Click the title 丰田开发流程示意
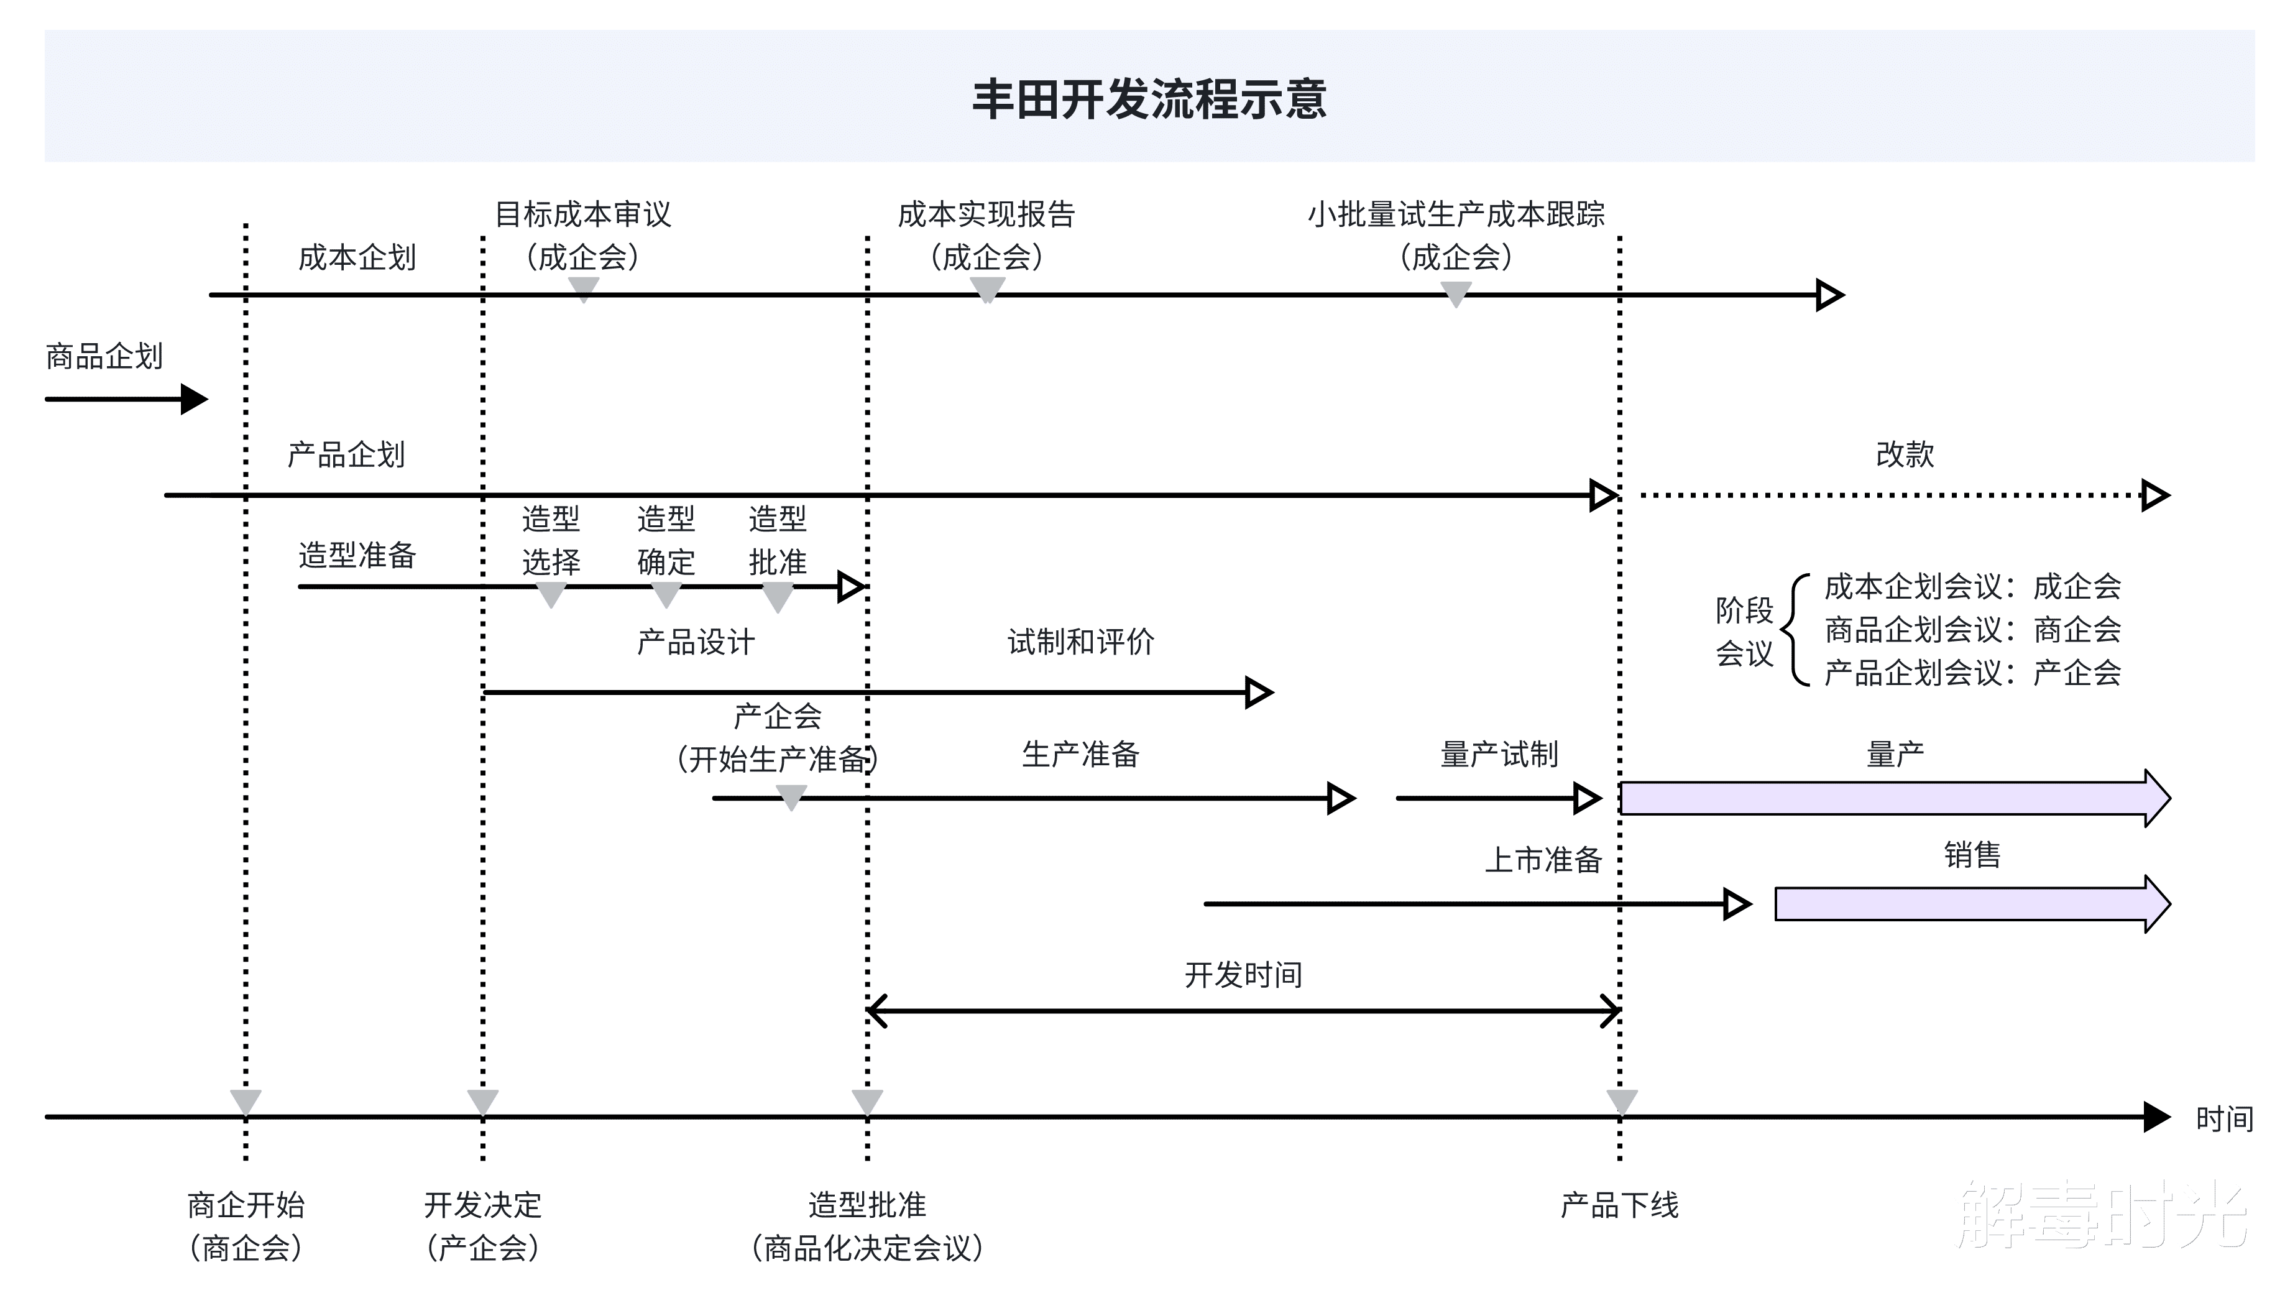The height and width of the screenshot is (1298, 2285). (1149, 98)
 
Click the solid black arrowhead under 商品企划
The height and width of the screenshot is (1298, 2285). (195, 398)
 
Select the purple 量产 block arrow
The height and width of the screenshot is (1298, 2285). (1895, 798)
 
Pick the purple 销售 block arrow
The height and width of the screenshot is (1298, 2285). (1972, 903)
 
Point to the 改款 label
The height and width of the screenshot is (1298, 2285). (1905, 454)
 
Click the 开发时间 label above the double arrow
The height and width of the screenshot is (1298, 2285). (1243, 974)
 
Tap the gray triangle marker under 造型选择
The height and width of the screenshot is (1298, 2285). (551, 594)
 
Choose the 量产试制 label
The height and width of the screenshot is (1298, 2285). (1499, 754)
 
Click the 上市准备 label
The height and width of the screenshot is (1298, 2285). (1543, 859)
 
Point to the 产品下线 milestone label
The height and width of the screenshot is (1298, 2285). (1619, 1205)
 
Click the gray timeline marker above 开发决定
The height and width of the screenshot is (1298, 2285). (483, 1102)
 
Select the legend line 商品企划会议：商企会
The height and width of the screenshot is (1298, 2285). (1972, 629)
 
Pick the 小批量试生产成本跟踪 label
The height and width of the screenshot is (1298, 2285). (1455, 214)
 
